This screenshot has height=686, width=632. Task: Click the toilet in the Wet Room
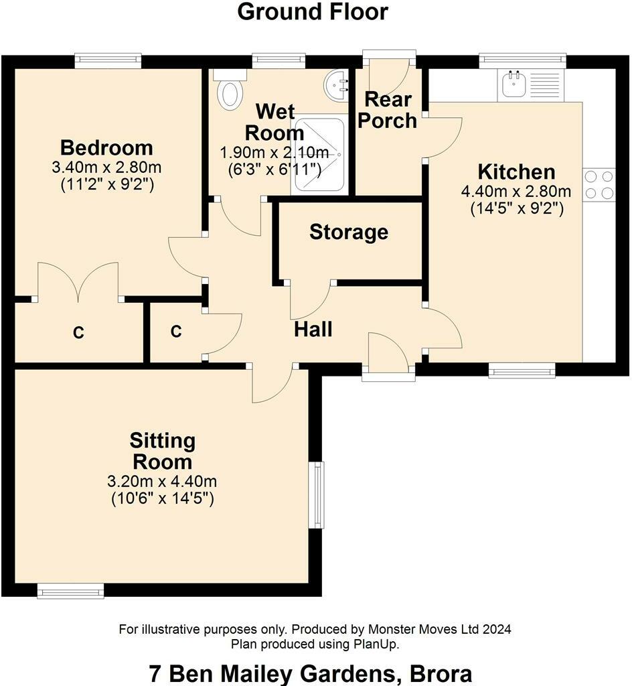[230, 90]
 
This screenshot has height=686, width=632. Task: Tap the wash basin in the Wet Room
[337, 84]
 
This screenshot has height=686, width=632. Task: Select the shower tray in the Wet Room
[319, 155]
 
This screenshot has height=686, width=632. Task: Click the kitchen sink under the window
[514, 84]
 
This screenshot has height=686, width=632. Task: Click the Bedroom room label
[106, 148]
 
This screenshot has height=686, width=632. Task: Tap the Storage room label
[349, 232]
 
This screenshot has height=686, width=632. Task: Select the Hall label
[313, 330]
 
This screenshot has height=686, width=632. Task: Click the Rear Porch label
[388, 111]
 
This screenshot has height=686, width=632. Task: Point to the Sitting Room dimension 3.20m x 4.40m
[162, 482]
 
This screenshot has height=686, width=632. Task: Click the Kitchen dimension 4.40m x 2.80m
[516, 192]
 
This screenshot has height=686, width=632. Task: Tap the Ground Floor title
[313, 12]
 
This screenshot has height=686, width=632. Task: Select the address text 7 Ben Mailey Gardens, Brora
[311, 674]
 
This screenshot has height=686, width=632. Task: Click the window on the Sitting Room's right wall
[319, 495]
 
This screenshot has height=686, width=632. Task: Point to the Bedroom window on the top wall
[108, 60]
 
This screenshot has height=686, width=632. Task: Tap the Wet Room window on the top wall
[279, 60]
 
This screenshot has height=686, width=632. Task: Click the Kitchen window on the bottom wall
[522, 370]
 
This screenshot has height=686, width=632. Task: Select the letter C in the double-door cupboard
[78, 333]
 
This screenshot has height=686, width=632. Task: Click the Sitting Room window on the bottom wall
[71, 591]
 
